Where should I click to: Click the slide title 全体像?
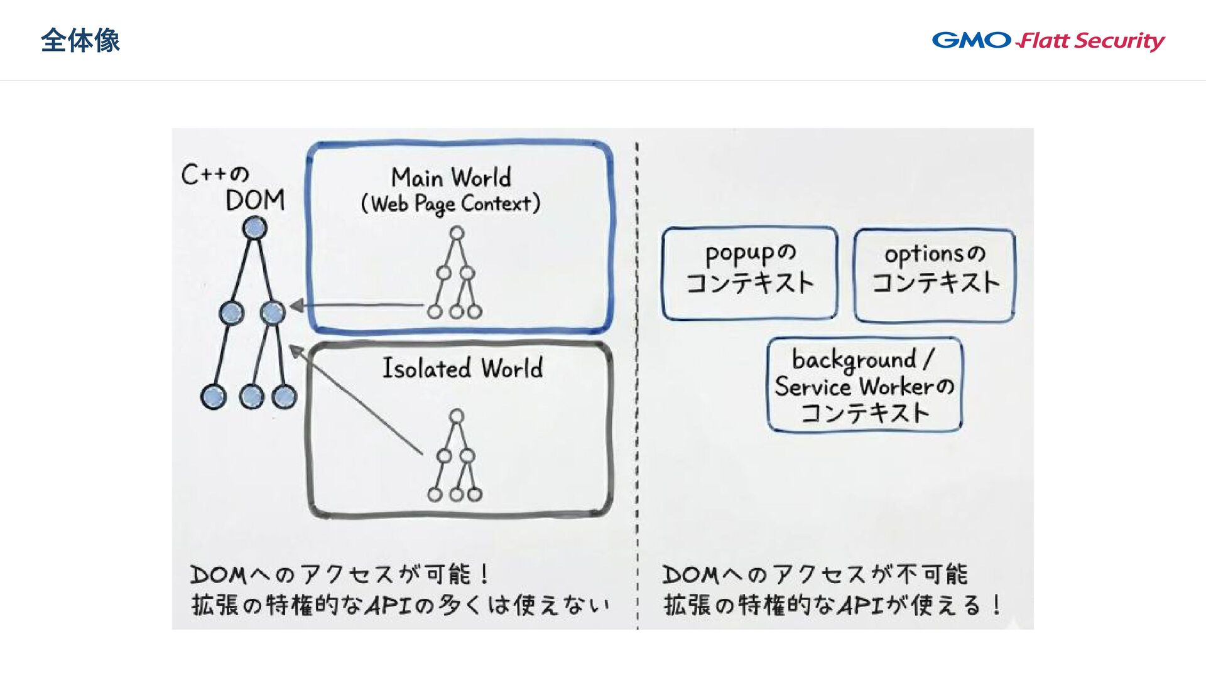[80, 41]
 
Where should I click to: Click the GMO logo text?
[971, 40]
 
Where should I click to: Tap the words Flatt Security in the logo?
[1091, 41]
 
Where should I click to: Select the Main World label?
[451, 178]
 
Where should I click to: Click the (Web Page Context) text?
[450, 204]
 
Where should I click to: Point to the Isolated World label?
[462, 368]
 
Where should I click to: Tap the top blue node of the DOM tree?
[254, 228]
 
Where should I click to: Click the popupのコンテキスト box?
[749, 274]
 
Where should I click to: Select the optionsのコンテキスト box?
[935, 275]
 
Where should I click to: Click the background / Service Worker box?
[864, 385]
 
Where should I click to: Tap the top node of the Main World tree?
[457, 234]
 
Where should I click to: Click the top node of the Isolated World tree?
[457, 416]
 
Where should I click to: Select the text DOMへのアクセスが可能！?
[340, 574]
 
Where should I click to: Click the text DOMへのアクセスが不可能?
[815, 574]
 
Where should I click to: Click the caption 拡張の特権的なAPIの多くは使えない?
[400, 605]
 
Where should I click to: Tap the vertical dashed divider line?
[637, 377]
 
